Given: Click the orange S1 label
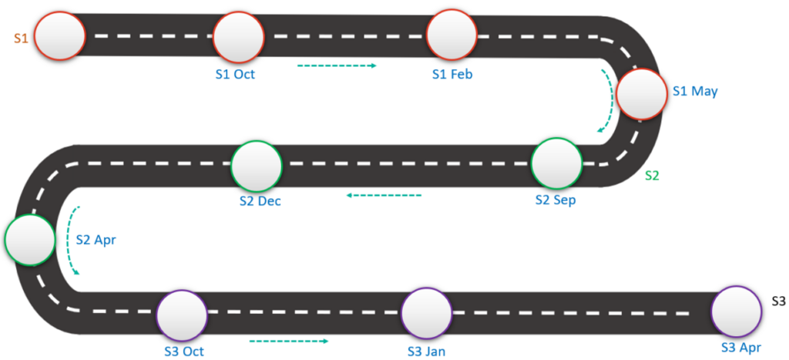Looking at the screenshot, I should coord(21,36).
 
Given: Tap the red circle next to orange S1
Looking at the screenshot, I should coord(60,35).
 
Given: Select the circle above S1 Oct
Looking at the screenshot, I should coord(239,35).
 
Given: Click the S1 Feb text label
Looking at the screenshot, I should coord(452,74).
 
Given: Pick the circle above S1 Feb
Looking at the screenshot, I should coord(452,35).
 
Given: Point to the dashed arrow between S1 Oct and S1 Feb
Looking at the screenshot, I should coord(337,66).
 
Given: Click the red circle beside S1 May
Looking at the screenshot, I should coord(641,94).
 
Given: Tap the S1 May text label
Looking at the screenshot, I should coord(695,91).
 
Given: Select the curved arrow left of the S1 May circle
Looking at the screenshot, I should coord(609,101).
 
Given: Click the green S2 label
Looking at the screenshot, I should coord(652,175).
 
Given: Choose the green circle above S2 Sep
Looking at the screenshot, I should coord(556,163).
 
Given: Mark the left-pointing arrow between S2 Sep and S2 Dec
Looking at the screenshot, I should coord(384,195).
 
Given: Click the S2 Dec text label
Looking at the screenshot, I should coord(260,201).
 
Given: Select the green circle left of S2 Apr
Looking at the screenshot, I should coord(29,241).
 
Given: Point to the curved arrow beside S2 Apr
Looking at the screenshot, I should coord(74,241).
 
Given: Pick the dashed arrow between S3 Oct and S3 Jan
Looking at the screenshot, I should coord(289,340).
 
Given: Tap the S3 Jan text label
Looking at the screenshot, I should coord(427,352).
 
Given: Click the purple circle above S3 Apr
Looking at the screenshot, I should coord(736,311).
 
